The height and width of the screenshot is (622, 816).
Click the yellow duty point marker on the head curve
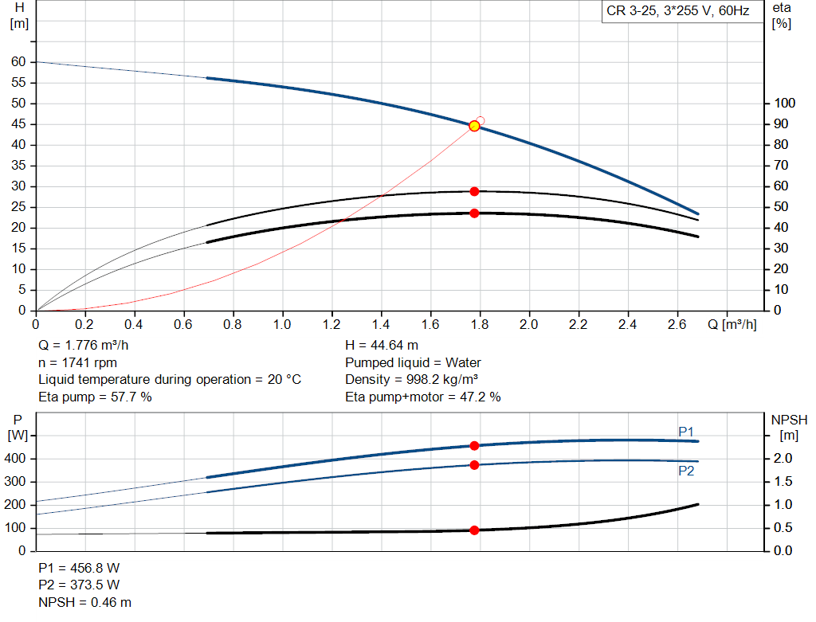click(474, 126)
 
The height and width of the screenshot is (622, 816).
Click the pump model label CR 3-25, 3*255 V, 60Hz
click(677, 12)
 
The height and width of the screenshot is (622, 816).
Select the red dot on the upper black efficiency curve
click(474, 191)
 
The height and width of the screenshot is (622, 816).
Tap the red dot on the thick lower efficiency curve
click(474, 213)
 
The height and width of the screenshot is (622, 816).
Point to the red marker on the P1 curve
click(474, 446)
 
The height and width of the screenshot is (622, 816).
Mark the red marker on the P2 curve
click(474, 464)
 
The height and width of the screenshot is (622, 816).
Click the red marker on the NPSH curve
click(474, 530)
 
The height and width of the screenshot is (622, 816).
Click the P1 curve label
click(686, 432)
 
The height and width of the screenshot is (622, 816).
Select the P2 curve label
click(686, 471)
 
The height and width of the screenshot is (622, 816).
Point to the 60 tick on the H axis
click(18, 62)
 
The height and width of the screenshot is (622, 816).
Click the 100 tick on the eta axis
click(785, 104)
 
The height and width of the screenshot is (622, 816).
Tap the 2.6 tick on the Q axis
click(677, 325)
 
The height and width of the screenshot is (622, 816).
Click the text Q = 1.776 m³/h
click(83, 346)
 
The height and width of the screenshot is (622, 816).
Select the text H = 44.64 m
click(382, 346)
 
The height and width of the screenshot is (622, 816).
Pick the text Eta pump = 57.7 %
click(95, 397)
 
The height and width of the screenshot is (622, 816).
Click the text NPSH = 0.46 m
click(85, 603)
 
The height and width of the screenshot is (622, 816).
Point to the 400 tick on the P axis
click(16, 459)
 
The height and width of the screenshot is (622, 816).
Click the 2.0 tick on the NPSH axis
click(783, 459)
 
